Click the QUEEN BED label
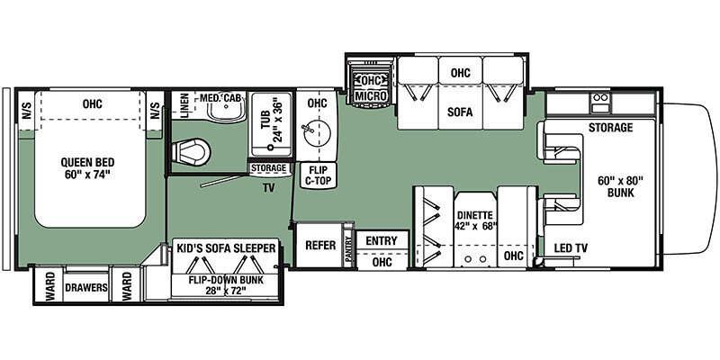[x=88, y=169]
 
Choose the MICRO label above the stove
[x=369, y=94]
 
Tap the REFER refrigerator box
[x=321, y=246]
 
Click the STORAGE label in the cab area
[x=611, y=128]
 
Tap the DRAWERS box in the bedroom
[x=86, y=289]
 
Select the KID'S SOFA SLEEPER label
[x=226, y=246]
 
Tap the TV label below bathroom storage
[x=268, y=190]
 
